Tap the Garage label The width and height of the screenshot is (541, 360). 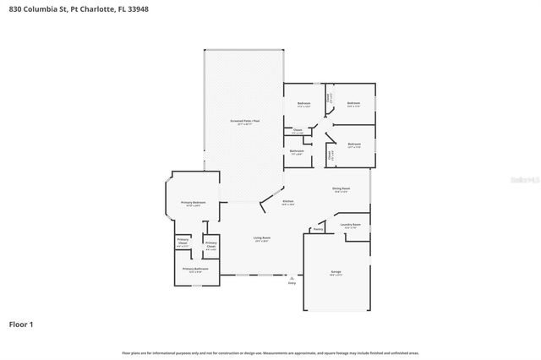(x=336, y=272)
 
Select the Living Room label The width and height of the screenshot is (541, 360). (x=262, y=238)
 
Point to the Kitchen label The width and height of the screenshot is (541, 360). (x=288, y=201)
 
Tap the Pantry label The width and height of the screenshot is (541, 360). (x=319, y=229)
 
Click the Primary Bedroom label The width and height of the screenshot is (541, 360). (x=194, y=203)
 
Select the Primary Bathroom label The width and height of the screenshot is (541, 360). (x=195, y=269)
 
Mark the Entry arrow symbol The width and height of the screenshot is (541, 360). (x=292, y=277)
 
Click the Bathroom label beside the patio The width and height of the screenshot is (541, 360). (x=298, y=151)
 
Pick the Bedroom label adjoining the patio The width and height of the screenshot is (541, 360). (x=303, y=103)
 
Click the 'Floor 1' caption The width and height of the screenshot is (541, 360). (x=21, y=324)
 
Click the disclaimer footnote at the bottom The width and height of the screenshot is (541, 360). (x=270, y=352)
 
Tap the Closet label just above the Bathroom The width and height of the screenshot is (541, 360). (x=298, y=130)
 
